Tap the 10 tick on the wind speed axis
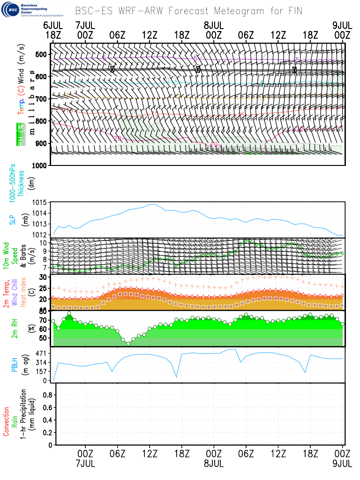coord(42,243)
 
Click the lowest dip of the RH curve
coord(128,344)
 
